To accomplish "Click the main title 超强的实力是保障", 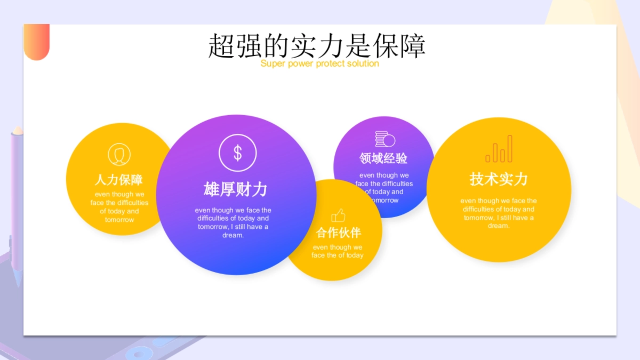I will click(x=317, y=46).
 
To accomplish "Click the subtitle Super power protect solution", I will click(x=319, y=64).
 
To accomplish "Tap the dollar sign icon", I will click(x=237, y=153).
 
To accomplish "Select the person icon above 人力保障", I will click(x=119, y=155).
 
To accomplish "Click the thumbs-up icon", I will click(x=338, y=215).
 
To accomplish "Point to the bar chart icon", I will click(x=499, y=149).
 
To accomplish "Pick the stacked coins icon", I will click(x=385, y=139).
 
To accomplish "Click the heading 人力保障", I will click(x=119, y=180).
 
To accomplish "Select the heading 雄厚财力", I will click(x=235, y=189).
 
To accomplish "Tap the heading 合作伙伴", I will click(x=338, y=233).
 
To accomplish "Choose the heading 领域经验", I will click(x=383, y=158).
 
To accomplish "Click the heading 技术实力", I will click(x=499, y=179).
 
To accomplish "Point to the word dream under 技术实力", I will click(x=498, y=226).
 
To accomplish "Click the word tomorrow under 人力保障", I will click(x=119, y=220).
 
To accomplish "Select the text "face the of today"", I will click(x=338, y=255).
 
